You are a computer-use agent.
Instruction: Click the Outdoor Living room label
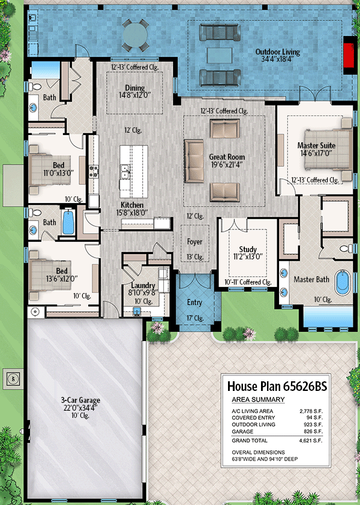pyautogui.click(x=277, y=56)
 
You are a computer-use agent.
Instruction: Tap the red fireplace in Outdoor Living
pyautogui.click(x=349, y=55)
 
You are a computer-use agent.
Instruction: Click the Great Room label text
pyautogui.click(x=227, y=161)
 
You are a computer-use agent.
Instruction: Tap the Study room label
pyautogui.click(x=247, y=253)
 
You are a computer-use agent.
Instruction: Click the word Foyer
pyautogui.click(x=194, y=242)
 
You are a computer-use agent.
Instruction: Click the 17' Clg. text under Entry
pyautogui.click(x=194, y=318)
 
